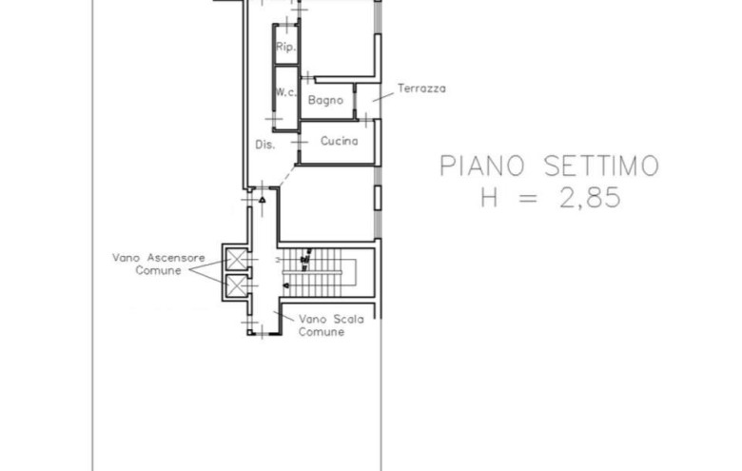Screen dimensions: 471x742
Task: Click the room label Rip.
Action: coord(284,48)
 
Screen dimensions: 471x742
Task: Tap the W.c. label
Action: coord(284,92)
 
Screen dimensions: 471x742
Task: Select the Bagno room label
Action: coord(325,99)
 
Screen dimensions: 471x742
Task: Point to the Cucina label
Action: coord(339,142)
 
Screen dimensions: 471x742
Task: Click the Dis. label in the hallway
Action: coord(265,145)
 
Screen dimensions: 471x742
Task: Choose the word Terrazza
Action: coord(420,88)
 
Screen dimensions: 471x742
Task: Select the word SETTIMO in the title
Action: coord(599,167)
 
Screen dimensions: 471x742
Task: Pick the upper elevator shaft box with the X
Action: coord(235,259)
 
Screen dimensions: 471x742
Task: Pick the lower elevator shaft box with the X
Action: coord(235,285)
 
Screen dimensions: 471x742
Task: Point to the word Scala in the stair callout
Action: coord(348,320)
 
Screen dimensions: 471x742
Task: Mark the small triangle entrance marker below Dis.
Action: coord(262,199)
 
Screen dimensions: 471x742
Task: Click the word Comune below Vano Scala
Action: coord(322,332)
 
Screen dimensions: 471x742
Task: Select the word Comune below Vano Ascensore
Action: coord(157,270)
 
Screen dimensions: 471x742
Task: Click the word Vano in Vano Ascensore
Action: coord(127,257)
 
